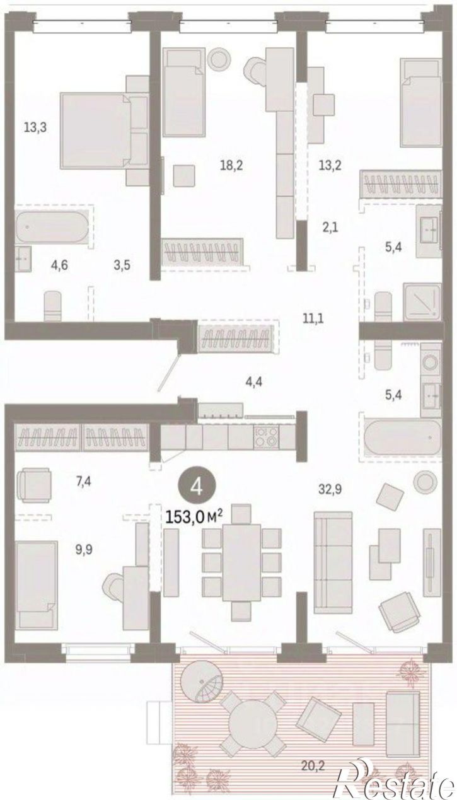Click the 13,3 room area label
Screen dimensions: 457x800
(35, 127)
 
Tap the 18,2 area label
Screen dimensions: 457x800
(231, 165)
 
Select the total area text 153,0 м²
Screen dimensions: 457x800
(195, 516)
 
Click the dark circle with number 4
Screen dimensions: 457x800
(197, 487)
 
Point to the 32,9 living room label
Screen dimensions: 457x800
(330, 489)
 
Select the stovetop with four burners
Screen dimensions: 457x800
(266, 437)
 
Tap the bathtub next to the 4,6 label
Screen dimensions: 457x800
(52, 228)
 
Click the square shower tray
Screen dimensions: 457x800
(422, 301)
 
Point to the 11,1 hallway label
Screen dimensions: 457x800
(313, 318)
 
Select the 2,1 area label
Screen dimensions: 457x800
(330, 227)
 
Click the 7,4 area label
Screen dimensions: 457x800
(83, 482)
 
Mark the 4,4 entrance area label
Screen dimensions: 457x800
(254, 382)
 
